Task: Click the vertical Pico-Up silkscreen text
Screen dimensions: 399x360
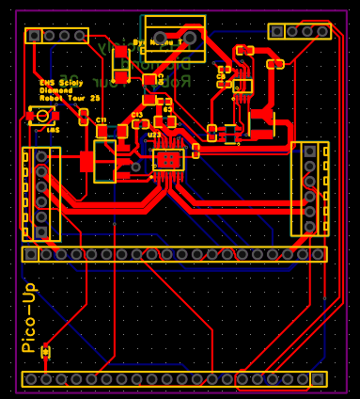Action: pyautogui.click(x=28, y=318)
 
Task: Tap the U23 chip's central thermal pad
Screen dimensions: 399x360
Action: pyautogui.click(x=168, y=159)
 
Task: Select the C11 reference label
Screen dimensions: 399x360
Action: pyautogui.click(x=102, y=121)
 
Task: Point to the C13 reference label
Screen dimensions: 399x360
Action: pyautogui.click(x=137, y=115)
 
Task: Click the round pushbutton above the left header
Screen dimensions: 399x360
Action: pyautogui.click(x=40, y=116)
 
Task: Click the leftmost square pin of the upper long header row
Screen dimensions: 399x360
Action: pyautogui.click(x=31, y=254)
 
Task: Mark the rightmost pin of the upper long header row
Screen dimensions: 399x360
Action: pyautogui.click(x=319, y=254)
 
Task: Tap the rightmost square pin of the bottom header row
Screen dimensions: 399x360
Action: pyautogui.click(x=319, y=378)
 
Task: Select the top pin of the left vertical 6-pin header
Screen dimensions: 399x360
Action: pyautogui.click(x=41, y=155)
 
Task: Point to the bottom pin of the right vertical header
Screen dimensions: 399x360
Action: pyautogui.click(x=309, y=227)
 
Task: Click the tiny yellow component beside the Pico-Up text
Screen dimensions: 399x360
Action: pyautogui.click(x=45, y=351)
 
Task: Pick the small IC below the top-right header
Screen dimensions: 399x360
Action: pyautogui.click(x=243, y=86)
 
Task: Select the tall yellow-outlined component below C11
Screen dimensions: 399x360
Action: pyautogui.click(x=104, y=161)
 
